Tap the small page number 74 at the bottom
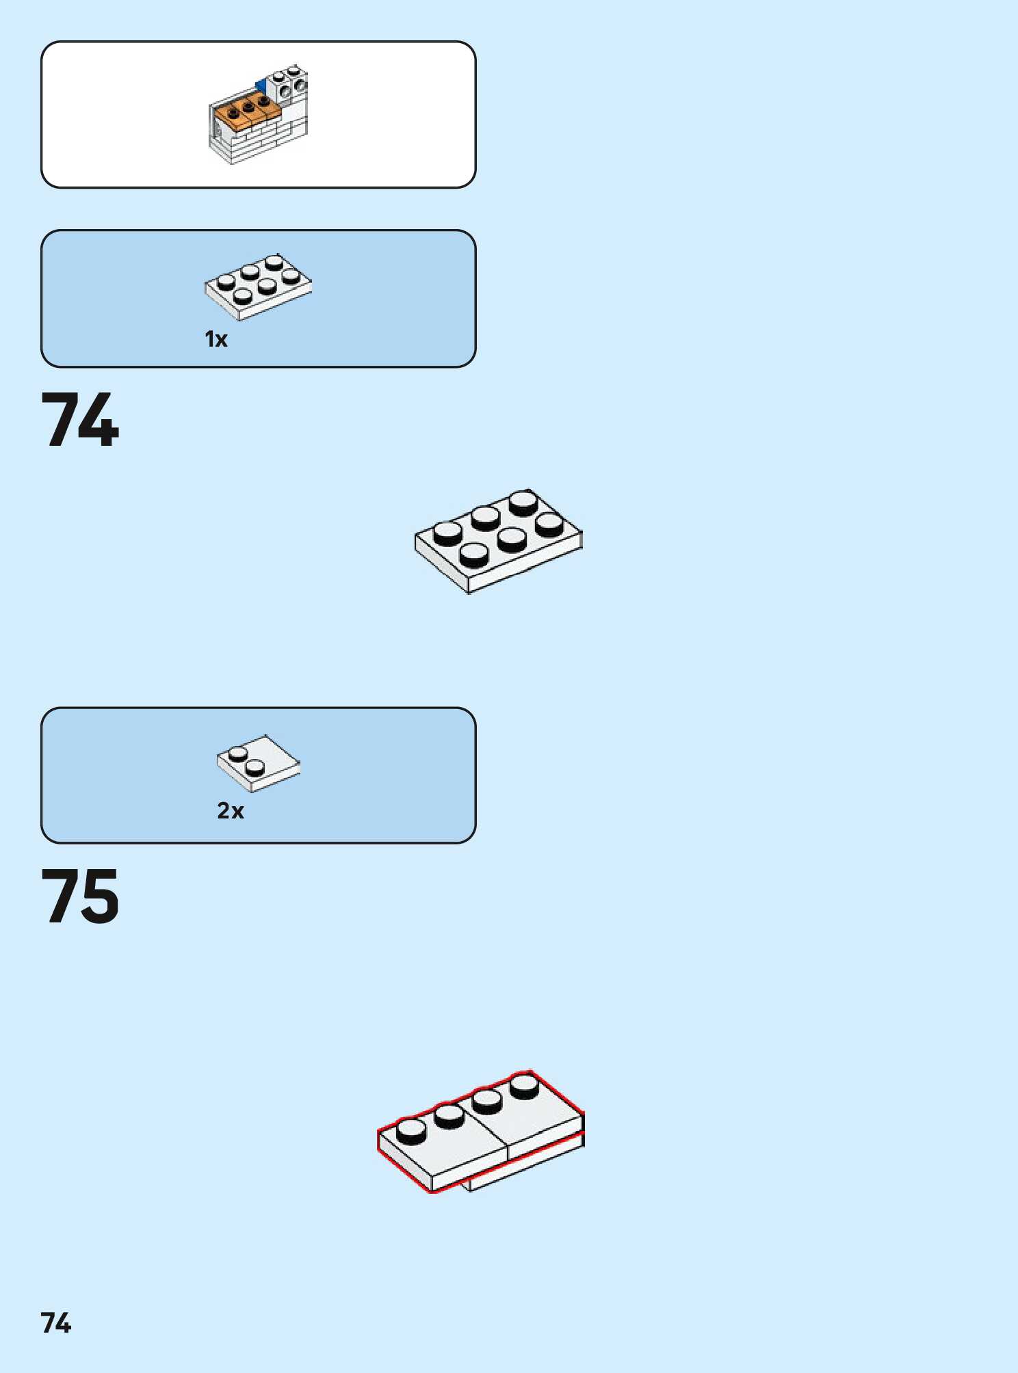[56, 1323]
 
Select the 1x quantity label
[216, 339]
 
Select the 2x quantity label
[231, 811]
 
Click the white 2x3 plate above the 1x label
[258, 286]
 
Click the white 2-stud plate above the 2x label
[259, 764]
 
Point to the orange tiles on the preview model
[246, 111]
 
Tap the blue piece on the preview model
[261, 86]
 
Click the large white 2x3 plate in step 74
[498, 541]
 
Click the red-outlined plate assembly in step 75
[481, 1132]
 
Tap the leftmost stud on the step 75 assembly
[410, 1131]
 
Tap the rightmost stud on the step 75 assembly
[524, 1086]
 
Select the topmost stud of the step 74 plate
[523, 503]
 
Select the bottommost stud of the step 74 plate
[473, 554]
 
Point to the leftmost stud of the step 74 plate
[447, 533]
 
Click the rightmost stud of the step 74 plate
[549, 524]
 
